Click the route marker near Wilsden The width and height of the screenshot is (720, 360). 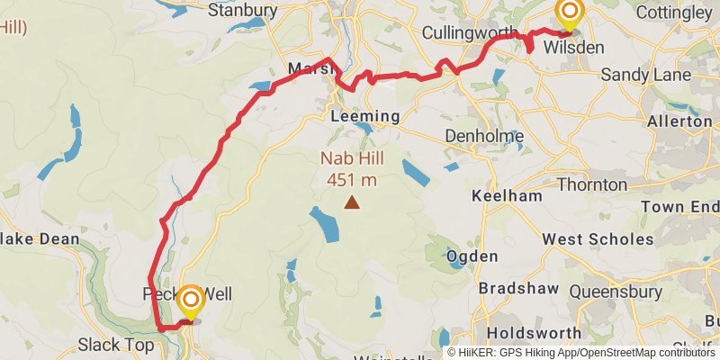(570, 13)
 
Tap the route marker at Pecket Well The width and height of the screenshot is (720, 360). (191, 300)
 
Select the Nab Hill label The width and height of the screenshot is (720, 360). (351, 159)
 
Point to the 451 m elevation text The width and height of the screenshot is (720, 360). (351, 179)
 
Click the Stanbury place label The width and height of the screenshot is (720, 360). (242, 11)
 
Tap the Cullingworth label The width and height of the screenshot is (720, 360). (471, 32)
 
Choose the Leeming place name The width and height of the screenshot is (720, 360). (364, 117)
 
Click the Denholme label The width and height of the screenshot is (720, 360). (484, 137)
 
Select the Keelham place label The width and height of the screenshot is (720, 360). (509, 195)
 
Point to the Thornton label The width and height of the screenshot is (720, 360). (592, 184)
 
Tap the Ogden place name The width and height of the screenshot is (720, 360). (472, 256)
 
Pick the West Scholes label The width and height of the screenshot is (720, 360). (598, 239)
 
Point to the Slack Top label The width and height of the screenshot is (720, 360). (116, 345)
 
